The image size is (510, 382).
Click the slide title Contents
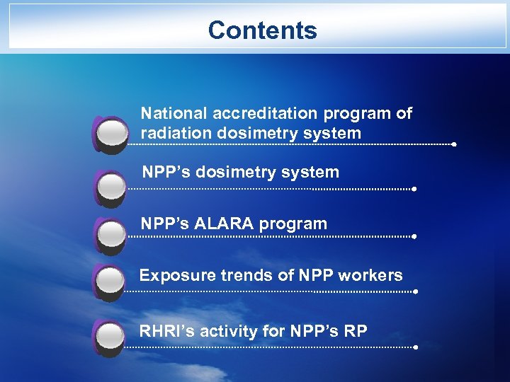[262, 30]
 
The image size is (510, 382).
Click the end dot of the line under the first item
[453, 144]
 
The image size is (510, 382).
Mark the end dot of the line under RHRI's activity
[415, 347]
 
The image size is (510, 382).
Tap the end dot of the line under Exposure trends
[415, 291]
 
